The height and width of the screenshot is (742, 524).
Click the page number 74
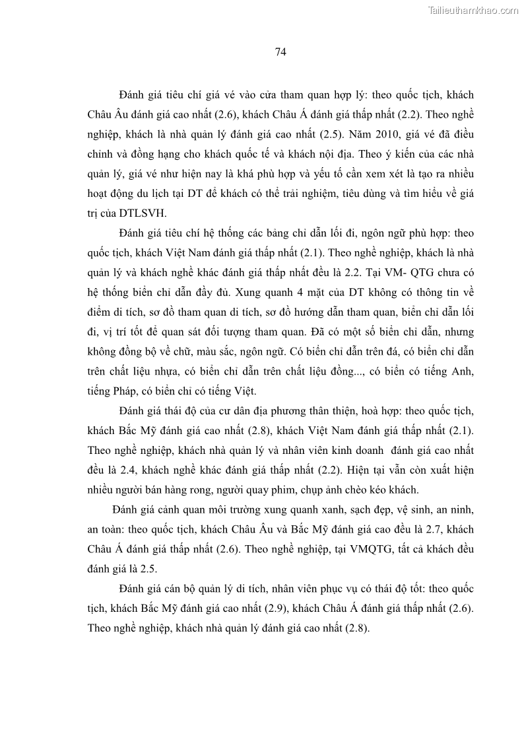(x=280, y=53)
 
